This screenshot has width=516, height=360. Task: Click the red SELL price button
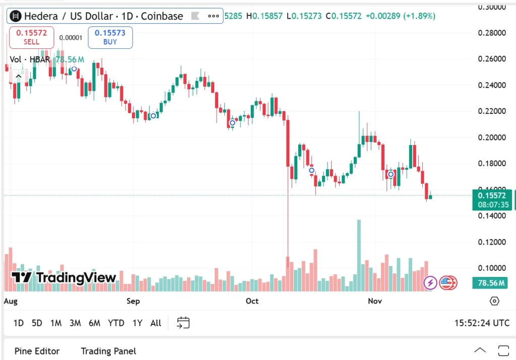tap(31, 37)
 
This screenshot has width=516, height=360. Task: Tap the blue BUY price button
tap(110, 37)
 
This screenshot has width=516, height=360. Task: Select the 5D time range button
tap(37, 323)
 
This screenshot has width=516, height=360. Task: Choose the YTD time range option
tap(116, 323)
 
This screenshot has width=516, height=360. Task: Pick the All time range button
tap(156, 323)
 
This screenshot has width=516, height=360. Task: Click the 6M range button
tap(94, 323)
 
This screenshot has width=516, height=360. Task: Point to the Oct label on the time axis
tap(251, 301)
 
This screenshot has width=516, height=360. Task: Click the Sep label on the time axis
tap(133, 301)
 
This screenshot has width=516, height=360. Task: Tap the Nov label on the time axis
tap(374, 301)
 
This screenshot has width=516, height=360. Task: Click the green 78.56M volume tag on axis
tap(491, 283)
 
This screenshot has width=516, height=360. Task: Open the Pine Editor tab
tap(37, 351)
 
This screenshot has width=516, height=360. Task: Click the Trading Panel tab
tap(108, 351)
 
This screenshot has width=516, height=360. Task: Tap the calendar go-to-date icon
tap(183, 323)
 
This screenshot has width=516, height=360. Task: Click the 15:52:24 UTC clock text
tap(482, 323)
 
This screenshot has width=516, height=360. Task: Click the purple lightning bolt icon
tap(430, 282)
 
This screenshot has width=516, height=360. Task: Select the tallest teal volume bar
tap(359, 255)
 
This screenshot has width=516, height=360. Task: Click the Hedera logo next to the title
tap(16, 16)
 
